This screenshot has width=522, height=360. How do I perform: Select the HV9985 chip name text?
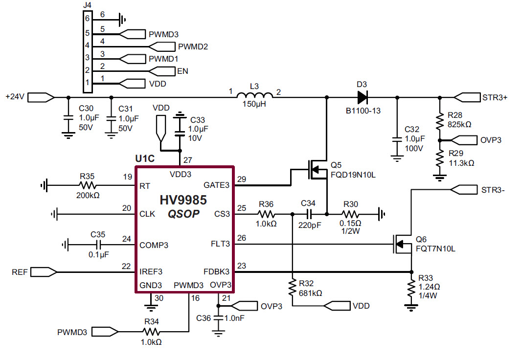183,200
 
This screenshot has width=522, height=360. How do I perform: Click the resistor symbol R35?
88,185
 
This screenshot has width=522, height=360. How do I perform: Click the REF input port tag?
45,271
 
